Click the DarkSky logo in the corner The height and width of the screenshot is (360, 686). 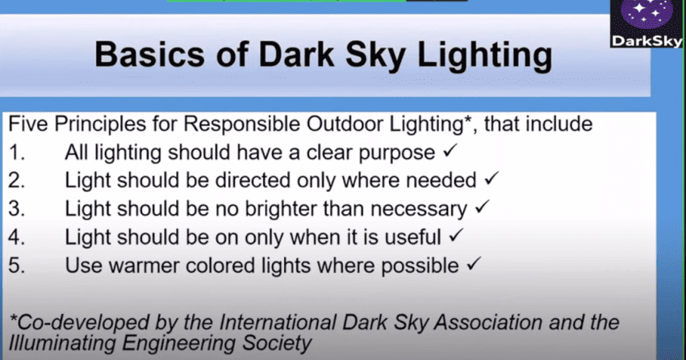646,23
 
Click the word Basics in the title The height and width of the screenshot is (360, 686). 149,55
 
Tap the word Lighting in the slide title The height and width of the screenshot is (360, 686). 485,57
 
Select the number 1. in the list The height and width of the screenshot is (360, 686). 17,153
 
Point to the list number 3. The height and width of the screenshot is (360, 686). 17,208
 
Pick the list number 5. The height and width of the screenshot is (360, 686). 17,266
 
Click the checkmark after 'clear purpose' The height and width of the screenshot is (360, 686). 450,152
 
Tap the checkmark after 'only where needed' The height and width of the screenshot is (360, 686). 491,178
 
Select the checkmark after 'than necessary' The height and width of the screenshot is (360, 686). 482,207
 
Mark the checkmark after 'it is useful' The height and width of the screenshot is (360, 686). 455,236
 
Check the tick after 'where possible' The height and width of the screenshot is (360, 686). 474,264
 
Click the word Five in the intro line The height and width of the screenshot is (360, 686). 28,124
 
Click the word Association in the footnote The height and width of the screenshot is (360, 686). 488,323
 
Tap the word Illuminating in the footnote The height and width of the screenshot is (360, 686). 61,343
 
